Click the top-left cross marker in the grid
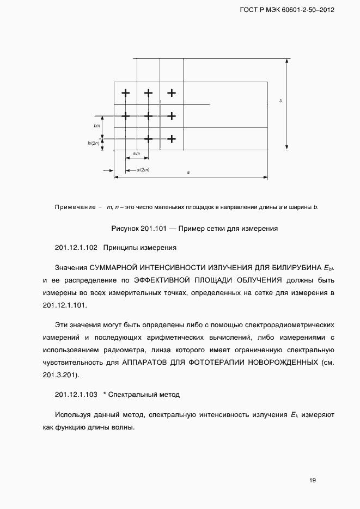[x=125, y=93]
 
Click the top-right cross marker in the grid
[x=172, y=93]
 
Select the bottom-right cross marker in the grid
[x=172, y=139]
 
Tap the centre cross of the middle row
[x=148, y=115]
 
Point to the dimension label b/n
[x=97, y=126]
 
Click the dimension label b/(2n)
[x=94, y=143]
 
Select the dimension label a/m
[x=136, y=154]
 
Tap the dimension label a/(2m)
[x=143, y=170]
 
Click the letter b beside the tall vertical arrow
[x=280, y=101]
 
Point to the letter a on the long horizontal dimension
[x=188, y=172]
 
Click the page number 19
[x=312, y=480]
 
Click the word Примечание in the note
[x=75, y=207]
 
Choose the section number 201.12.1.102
[x=76, y=248]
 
